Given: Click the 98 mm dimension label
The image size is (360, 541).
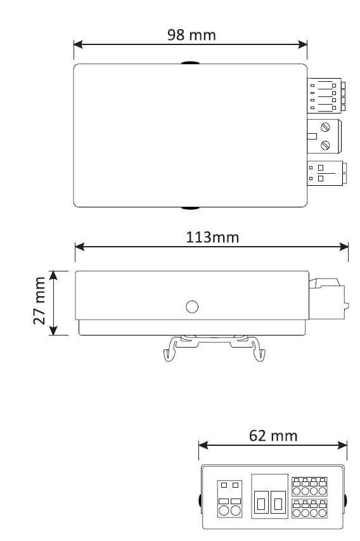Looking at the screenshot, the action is pyautogui.click(x=191, y=35).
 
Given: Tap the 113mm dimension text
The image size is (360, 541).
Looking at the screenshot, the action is pyautogui.click(x=212, y=237).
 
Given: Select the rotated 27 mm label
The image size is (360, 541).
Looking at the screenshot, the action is pyautogui.click(x=39, y=301).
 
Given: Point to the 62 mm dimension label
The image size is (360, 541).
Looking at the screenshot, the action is pyautogui.click(x=273, y=436).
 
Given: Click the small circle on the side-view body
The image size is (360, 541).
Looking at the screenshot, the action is pyautogui.click(x=192, y=307).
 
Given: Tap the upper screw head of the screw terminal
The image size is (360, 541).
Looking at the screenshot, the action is pyautogui.click(x=325, y=127).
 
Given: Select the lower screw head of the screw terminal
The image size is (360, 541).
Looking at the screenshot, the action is pyautogui.click(x=325, y=145).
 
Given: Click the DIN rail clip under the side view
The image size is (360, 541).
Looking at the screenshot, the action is pyautogui.click(x=214, y=348).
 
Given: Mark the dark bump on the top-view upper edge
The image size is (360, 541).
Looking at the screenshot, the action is pyautogui.click(x=190, y=63).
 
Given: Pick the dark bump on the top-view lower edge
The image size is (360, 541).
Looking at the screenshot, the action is pyautogui.click(x=190, y=208).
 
